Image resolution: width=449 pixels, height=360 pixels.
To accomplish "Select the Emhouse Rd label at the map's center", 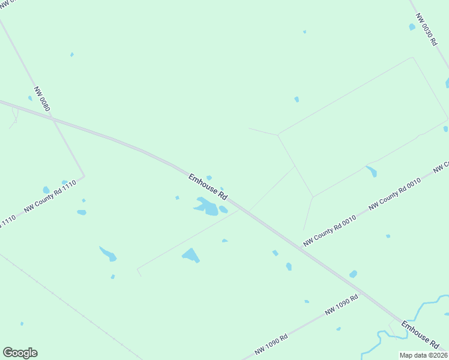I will click(208, 187).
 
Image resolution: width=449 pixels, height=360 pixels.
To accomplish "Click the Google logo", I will click(20, 353).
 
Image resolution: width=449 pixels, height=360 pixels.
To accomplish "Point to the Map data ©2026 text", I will click(423, 355).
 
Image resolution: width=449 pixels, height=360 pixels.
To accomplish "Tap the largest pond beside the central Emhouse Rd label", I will click(208, 207).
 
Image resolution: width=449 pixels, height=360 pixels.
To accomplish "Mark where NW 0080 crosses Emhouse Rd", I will click(53, 119).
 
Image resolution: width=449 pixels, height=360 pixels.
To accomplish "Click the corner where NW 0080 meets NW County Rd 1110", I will click(84, 176).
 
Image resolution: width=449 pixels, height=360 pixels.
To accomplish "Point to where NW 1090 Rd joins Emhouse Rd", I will click(396, 323).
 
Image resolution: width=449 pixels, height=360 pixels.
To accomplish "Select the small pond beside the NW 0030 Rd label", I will click(412, 27).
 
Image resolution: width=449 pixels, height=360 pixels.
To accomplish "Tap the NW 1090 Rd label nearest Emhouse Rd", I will click(342, 305).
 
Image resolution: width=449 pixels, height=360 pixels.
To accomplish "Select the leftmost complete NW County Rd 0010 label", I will click(330, 231).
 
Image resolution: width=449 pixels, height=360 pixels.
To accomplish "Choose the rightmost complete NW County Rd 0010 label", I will click(394, 194).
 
